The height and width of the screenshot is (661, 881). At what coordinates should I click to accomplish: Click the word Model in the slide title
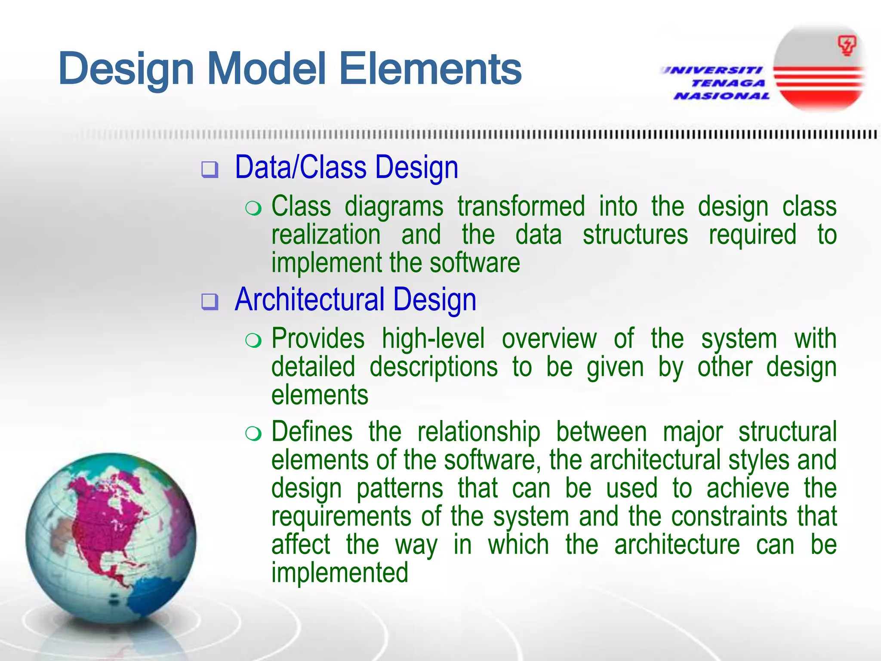pyautogui.click(x=267, y=69)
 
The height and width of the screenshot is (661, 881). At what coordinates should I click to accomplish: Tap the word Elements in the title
pyautogui.click(x=430, y=69)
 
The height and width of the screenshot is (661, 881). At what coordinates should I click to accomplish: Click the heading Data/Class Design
pyautogui.click(x=346, y=168)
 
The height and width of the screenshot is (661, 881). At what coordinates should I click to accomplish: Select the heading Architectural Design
pyautogui.click(x=355, y=300)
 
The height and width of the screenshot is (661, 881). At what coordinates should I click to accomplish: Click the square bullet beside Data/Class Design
pyautogui.click(x=209, y=170)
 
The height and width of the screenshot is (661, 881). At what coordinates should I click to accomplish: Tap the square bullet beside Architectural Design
pyautogui.click(x=209, y=302)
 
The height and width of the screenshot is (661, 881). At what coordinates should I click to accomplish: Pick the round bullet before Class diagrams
pyautogui.click(x=253, y=209)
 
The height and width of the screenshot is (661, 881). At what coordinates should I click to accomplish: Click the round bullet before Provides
pyautogui.click(x=253, y=341)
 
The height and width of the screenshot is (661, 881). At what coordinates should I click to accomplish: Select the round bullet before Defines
pyautogui.click(x=253, y=434)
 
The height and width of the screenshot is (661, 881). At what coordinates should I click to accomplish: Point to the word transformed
pyautogui.click(x=521, y=207)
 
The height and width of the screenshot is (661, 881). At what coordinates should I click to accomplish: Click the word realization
pyautogui.click(x=326, y=235)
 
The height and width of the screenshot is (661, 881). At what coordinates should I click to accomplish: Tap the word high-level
pyautogui.click(x=433, y=339)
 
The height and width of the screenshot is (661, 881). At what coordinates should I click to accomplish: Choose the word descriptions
pyautogui.click(x=434, y=368)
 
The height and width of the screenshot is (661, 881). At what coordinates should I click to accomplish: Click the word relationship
pyautogui.click(x=478, y=432)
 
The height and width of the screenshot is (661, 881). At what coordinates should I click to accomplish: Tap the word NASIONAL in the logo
pyautogui.click(x=722, y=96)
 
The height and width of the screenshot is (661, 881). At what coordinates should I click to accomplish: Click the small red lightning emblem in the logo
pyautogui.click(x=847, y=45)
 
